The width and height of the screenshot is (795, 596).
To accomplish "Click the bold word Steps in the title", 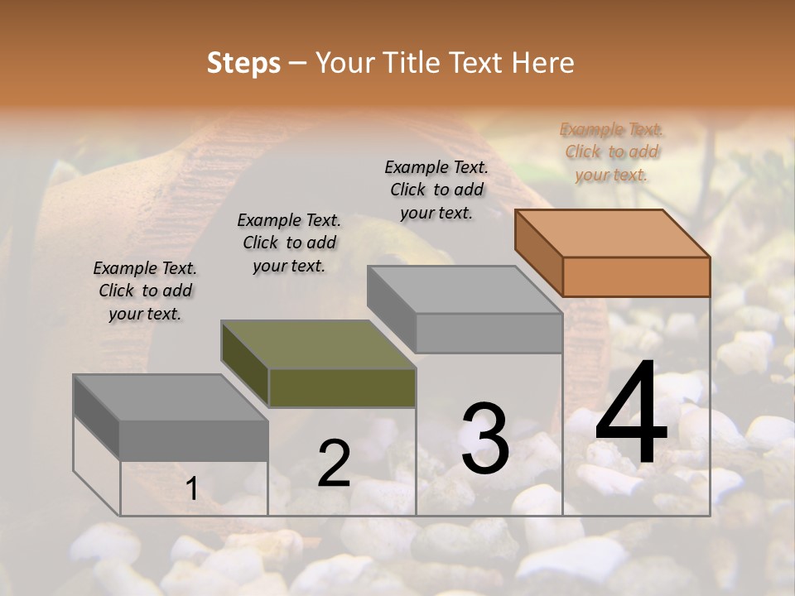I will pos(243,63).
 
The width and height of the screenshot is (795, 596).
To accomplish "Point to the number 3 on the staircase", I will pos(485,439).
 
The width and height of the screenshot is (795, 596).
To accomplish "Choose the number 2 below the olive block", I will pos(334,464).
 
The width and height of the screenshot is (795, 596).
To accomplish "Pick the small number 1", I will pos(192,489).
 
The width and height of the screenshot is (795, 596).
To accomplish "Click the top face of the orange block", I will pos(613,233).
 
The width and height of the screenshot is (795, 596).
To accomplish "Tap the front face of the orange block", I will pos(636,276).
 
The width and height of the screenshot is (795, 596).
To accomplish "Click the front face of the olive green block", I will pos(342,388).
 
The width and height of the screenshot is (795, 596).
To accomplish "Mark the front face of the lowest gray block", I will pos(194,440).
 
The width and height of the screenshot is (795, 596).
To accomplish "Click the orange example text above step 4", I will pos(611,151).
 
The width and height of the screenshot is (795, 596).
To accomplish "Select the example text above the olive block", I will pos(289,243).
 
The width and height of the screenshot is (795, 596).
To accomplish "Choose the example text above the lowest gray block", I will pos(145,291).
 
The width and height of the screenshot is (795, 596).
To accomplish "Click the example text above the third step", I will pos(436,190).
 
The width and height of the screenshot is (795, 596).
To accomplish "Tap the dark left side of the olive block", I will pos(245,364).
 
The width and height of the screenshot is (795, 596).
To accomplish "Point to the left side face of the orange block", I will pos(539,252).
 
